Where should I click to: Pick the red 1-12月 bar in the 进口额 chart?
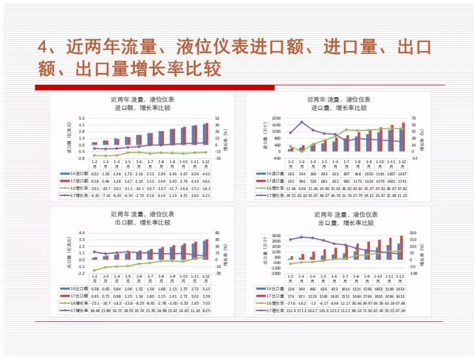pos(207,134)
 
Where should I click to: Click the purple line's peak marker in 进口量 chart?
pos(302,122)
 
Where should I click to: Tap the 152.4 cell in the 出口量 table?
pos(291,310)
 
